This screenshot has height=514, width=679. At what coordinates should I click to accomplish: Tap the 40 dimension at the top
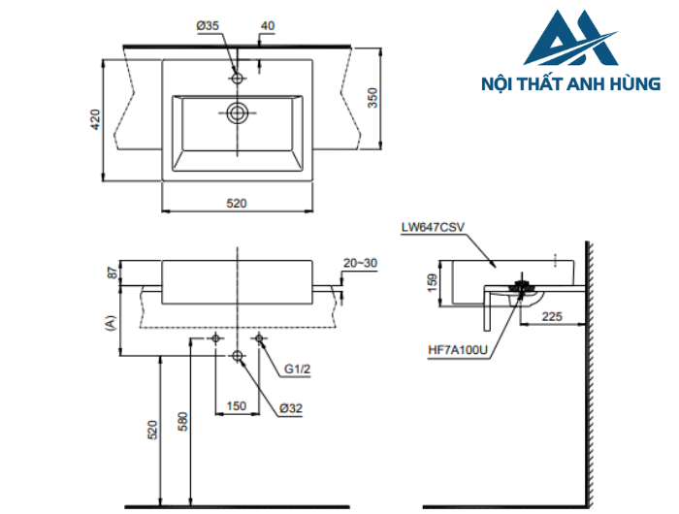(267, 26)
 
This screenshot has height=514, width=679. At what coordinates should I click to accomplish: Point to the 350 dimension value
(372, 99)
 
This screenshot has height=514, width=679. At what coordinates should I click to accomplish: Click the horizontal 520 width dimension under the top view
(237, 203)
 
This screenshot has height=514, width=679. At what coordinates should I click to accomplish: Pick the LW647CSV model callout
(434, 229)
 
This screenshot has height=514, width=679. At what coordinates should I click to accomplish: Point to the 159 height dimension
(433, 282)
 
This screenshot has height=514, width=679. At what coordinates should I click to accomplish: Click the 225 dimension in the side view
(553, 315)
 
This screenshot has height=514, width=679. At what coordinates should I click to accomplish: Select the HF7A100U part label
(456, 350)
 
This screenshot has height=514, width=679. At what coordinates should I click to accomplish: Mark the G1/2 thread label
(298, 369)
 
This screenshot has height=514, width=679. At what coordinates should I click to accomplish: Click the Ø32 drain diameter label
(292, 408)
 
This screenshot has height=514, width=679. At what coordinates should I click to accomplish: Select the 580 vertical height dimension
(182, 420)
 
